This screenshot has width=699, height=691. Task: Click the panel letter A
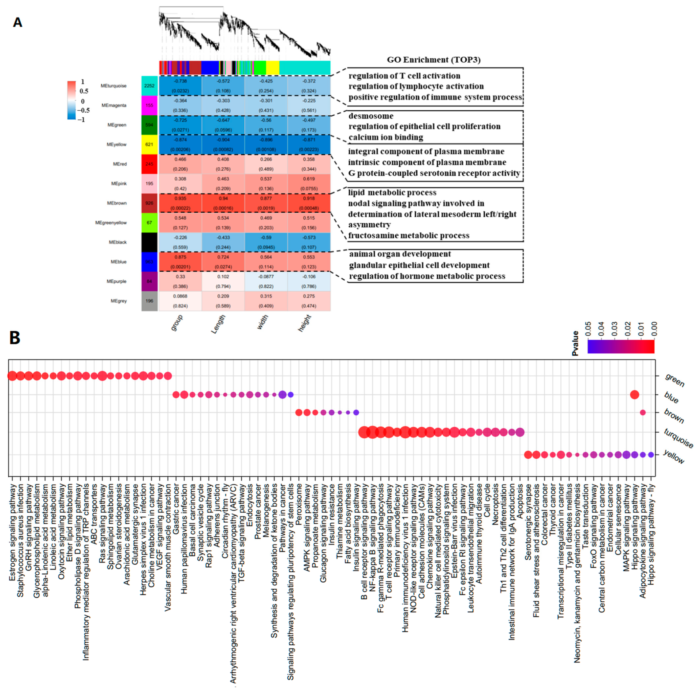[x=17, y=22]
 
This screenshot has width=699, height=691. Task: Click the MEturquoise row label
[x=114, y=86]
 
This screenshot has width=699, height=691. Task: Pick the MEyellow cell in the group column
[x=180, y=144]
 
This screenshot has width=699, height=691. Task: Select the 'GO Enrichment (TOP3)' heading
[x=434, y=60]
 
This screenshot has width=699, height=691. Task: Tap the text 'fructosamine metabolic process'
[x=409, y=236]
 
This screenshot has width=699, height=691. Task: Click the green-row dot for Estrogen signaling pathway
[x=12, y=376]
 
